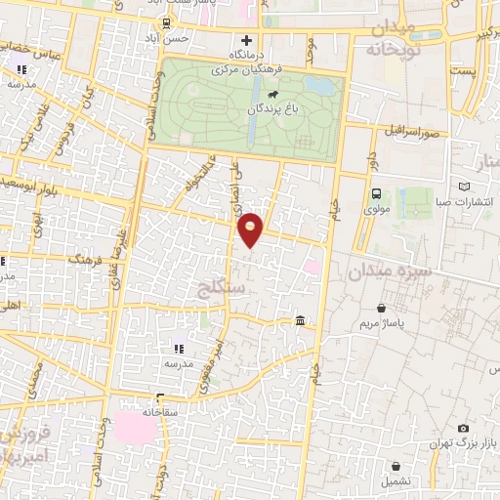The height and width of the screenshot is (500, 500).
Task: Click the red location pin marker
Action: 251,229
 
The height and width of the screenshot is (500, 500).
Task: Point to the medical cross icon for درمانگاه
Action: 246,41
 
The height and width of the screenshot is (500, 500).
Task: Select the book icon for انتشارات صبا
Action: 463,186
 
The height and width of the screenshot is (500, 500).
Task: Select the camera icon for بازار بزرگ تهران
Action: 463,428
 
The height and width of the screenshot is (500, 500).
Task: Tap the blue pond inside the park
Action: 317,85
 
